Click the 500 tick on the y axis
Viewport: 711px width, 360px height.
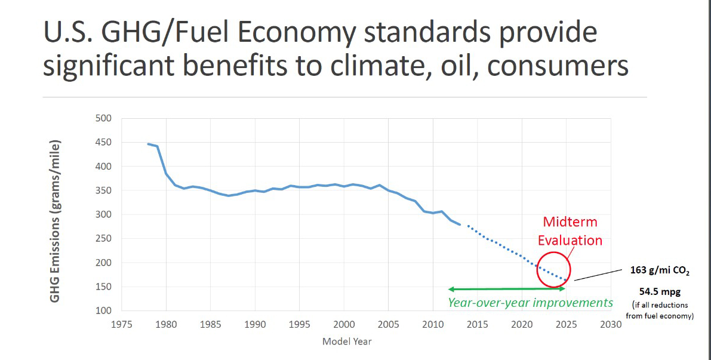[x=103, y=118]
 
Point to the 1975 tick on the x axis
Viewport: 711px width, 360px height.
[x=122, y=324]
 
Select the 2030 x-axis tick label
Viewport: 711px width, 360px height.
[x=611, y=324]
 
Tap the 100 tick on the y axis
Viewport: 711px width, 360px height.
[x=103, y=311]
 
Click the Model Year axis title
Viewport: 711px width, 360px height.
[x=346, y=341]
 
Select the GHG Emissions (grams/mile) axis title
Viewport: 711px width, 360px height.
[x=55, y=221]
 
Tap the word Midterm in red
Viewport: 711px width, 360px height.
[x=570, y=222]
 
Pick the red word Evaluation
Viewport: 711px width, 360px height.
[x=570, y=240]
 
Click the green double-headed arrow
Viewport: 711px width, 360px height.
[x=506, y=289]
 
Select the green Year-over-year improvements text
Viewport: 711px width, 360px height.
[x=530, y=303]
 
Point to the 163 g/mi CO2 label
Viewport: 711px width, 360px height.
[x=660, y=270]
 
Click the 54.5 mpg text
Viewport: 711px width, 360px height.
[x=660, y=292]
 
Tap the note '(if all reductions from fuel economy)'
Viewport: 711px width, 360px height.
[x=660, y=310]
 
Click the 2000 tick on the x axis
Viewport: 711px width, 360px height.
[x=344, y=324]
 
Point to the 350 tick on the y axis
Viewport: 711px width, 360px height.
[x=103, y=190]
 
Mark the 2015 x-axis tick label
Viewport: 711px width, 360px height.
[x=478, y=324]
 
